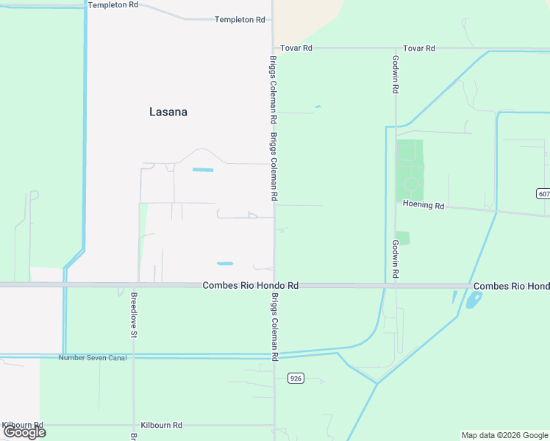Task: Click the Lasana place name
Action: tap(168, 112)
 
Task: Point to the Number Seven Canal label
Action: tap(93, 358)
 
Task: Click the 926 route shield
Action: tap(296, 379)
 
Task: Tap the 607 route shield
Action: tap(543, 194)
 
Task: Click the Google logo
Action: tap(24, 432)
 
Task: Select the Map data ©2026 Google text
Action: tap(504, 435)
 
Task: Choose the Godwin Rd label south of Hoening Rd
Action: tap(395, 258)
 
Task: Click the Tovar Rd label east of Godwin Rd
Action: tap(420, 49)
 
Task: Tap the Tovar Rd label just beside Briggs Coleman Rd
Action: tap(296, 48)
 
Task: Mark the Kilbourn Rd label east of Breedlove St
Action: tap(162, 426)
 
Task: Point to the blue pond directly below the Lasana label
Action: tap(203, 171)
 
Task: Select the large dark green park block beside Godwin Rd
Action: tap(410, 170)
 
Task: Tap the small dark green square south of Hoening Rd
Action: tap(403, 238)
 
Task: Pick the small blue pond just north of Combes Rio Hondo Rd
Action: tap(225, 264)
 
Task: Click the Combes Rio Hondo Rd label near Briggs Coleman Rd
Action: tap(250, 285)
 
